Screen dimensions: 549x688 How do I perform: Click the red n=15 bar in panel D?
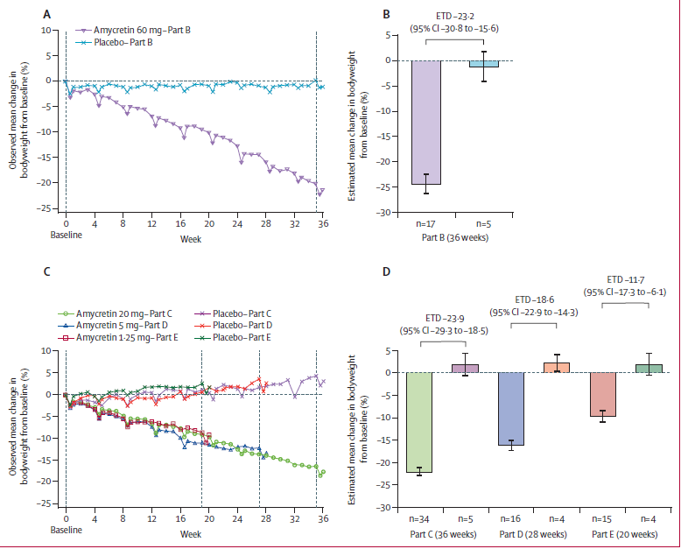[602, 394]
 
